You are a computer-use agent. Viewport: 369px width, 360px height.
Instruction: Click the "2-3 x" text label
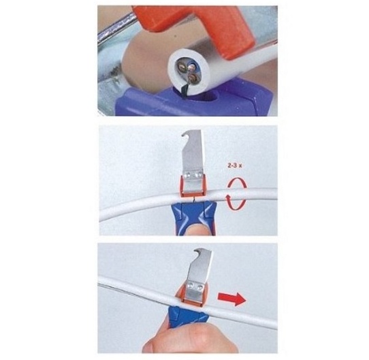(x=235, y=165)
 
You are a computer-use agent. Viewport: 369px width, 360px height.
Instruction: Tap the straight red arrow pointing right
(x=232, y=299)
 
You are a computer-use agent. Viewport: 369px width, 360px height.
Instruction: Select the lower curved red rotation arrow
(x=236, y=202)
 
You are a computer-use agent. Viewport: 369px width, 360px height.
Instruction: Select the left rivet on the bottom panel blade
(x=191, y=286)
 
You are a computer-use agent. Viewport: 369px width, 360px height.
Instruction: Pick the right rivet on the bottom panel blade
(x=199, y=287)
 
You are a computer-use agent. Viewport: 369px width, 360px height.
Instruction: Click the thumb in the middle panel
(x=194, y=229)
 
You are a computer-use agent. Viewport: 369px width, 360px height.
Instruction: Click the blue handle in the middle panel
(x=193, y=214)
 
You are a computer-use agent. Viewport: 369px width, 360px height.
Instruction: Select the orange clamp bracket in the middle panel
(x=193, y=186)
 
